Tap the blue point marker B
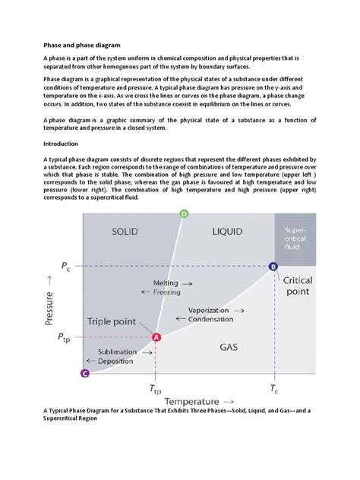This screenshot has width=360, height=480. (273, 266)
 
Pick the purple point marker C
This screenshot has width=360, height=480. (84, 373)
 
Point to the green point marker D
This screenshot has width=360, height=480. (184, 214)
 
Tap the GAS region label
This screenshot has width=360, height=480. (230, 347)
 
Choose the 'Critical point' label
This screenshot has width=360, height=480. (302, 286)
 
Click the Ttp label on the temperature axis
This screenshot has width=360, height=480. (155, 390)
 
